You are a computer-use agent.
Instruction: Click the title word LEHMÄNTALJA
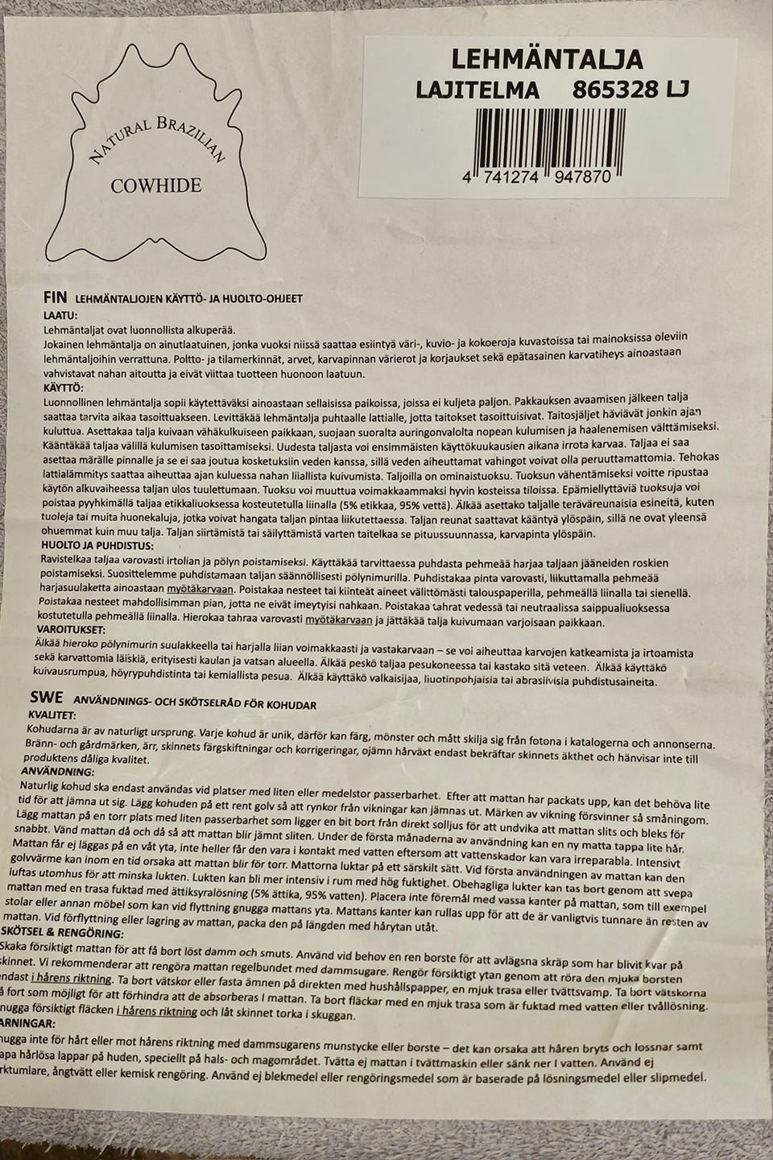click(x=547, y=60)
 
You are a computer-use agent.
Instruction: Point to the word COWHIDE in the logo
click(x=156, y=186)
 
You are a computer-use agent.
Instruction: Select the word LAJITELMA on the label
click(x=477, y=90)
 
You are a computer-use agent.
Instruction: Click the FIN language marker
click(x=55, y=297)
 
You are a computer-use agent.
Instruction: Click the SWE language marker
click(x=47, y=698)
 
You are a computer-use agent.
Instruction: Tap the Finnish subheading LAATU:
click(x=60, y=314)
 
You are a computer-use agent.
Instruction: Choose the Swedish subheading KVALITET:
click(x=52, y=715)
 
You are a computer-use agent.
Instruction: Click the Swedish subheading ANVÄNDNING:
click(x=57, y=772)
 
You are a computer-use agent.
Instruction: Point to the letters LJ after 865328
click(x=677, y=89)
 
